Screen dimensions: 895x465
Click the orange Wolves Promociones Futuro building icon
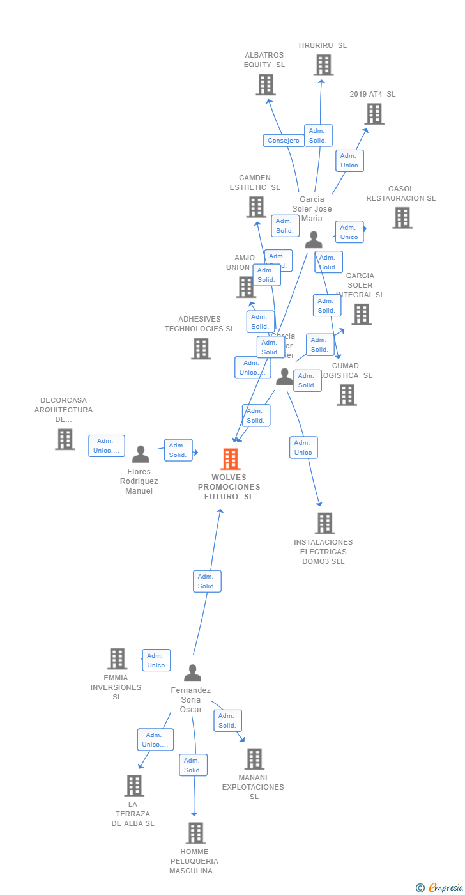coord(230,459)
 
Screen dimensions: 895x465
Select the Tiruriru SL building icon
coord(323,65)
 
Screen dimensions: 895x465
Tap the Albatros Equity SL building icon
coord(265,84)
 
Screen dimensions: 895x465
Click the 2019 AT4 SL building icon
coord(374,114)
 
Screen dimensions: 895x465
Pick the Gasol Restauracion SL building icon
coord(402,218)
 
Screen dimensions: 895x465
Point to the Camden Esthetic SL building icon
coord(256,207)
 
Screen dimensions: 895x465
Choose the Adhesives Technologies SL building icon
coord(201,348)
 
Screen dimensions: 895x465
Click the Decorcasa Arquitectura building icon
coord(65,439)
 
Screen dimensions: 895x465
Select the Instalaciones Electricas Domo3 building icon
coord(324,523)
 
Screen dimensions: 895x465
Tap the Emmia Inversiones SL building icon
coord(117,658)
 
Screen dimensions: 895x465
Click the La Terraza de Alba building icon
coord(133,786)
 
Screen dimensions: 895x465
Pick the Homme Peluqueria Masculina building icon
coord(195,833)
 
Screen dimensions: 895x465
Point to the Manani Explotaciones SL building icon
coord(254,759)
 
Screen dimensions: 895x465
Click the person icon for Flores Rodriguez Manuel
coord(141,455)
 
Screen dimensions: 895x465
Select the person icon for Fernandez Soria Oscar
coord(192,673)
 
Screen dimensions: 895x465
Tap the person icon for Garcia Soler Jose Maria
coord(314,240)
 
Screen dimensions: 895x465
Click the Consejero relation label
coord(284,141)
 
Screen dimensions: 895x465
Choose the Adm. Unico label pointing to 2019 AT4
coord(349,160)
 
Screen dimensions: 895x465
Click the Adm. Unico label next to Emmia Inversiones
coord(156,660)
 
